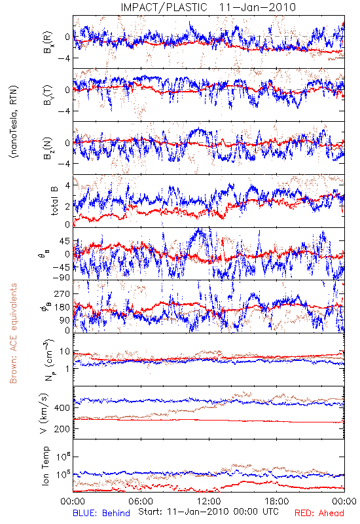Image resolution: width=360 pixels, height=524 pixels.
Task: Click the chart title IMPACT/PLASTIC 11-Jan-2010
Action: click(208, 7)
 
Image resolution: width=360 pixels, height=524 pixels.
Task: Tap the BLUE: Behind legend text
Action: click(101, 513)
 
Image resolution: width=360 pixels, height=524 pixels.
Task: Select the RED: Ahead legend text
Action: click(319, 513)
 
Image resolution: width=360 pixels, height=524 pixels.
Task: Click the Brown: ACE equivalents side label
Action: click(13, 333)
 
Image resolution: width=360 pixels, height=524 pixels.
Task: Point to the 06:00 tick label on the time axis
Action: click(141, 501)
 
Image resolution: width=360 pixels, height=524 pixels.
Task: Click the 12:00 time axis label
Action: click(209, 501)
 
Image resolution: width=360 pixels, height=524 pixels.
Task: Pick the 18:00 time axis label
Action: click(277, 501)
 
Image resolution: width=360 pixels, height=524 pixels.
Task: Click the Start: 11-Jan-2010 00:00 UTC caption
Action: click(208, 512)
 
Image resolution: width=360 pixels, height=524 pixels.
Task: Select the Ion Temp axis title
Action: click(45, 466)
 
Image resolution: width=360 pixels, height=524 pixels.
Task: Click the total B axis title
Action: click(54, 200)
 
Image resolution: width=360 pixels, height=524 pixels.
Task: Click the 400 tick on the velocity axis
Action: click(62, 407)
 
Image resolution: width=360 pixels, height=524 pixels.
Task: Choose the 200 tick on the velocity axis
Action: click(62, 429)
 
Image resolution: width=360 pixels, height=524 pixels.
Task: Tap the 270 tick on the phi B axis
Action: click(62, 293)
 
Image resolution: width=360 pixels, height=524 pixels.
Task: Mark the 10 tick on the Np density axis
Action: click(65, 352)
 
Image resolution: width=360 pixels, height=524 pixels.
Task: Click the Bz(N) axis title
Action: click(47, 148)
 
